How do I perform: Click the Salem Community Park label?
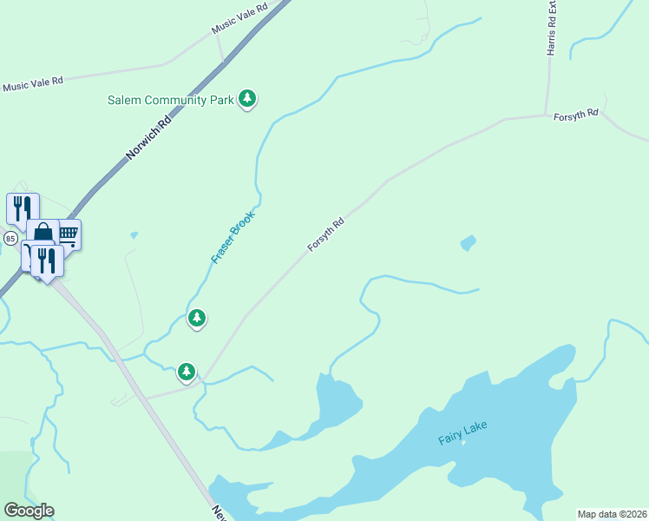point(171,100)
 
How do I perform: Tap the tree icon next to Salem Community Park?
point(248,99)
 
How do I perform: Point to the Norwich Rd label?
point(149,138)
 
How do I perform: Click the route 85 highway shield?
point(10,238)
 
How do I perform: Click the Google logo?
point(29,511)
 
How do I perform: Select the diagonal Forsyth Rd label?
point(326,235)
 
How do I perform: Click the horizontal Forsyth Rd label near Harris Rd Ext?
point(576,114)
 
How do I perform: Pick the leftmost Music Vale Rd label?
point(33,84)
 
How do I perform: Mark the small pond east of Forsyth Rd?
point(469,242)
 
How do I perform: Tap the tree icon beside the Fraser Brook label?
point(198,319)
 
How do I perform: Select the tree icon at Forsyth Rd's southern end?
point(187,373)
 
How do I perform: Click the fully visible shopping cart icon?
point(69,234)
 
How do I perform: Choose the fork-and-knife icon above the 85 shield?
point(23,208)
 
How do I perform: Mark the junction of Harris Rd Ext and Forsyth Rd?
point(546,115)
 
